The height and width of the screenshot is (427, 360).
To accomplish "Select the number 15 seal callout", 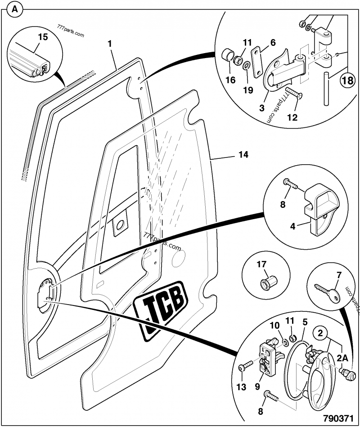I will click(42, 37).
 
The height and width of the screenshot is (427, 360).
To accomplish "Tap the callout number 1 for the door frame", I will click(109, 44).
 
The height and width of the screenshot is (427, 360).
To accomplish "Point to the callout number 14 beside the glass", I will click(243, 155).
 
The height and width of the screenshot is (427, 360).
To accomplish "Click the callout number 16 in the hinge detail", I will click(230, 80).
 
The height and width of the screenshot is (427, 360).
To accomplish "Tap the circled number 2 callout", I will click(320, 334).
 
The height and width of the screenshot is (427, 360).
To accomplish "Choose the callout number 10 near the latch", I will click(274, 325).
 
